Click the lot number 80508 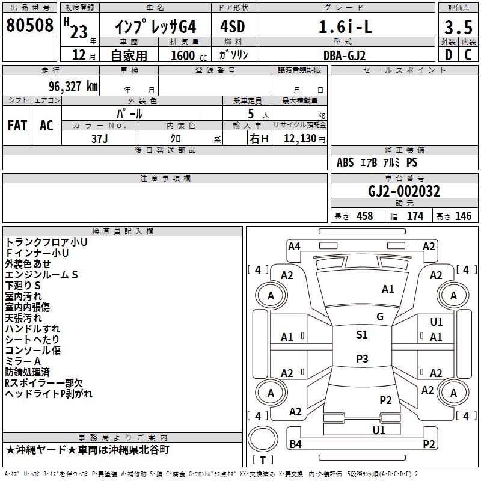click(30, 26)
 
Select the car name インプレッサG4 click(155, 27)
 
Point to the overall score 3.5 click(458, 28)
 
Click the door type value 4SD click(233, 27)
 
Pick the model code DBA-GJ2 click(345, 55)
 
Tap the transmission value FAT click(17, 126)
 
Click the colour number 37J click(100, 138)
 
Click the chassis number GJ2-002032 click(404, 191)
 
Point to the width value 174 click(415, 216)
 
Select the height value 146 click(463, 216)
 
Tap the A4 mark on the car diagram click(294, 246)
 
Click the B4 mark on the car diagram click(295, 444)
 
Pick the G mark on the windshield click(380, 317)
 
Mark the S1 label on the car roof click(361, 335)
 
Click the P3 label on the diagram click(362, 359)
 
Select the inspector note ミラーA click(23, 361)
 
